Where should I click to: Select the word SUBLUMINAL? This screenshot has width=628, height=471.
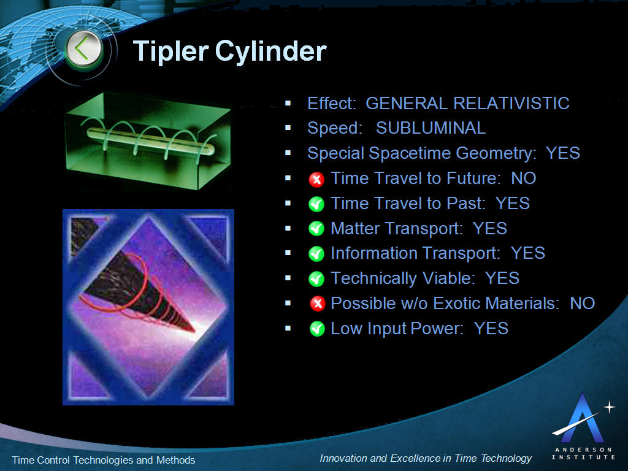(431, 128)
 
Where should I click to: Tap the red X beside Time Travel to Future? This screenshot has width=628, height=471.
(316, 180)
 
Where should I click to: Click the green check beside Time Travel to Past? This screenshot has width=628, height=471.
(316, 204)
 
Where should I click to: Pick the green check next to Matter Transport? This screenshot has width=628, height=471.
(316, 229)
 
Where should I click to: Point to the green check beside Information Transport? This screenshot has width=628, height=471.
(316, 254)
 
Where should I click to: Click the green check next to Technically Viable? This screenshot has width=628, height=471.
(316, 279)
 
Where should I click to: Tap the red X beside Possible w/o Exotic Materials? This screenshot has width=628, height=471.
(317, 304)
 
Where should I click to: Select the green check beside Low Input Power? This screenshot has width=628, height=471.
(317, 329)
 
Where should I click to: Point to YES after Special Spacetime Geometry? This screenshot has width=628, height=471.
(563, 153)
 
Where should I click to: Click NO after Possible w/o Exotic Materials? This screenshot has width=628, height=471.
(583, 303)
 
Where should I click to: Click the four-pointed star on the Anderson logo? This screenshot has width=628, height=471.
(609, 408)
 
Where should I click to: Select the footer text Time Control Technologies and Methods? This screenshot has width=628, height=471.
(103, 460)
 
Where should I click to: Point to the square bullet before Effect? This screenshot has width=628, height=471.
(288, 103)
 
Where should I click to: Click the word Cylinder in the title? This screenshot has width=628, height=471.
(271, 52)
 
